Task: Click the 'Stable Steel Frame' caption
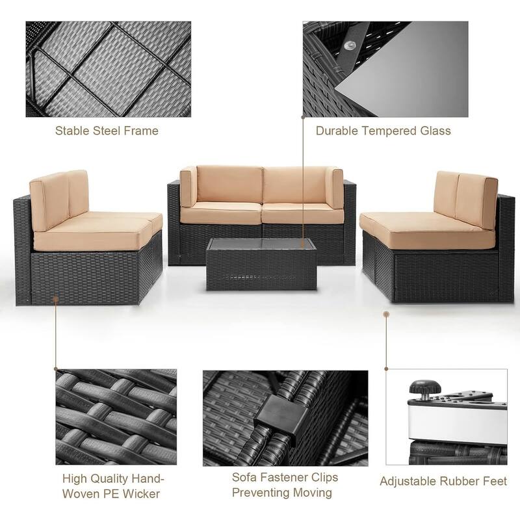coord(107,131)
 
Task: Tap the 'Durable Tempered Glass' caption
coord(383,131)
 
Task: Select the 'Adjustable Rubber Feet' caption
coord(443,482)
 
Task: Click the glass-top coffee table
coord(261,263)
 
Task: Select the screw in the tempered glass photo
coord(350,45)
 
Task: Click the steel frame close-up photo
coord(108,69)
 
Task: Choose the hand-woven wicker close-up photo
coord(116,417)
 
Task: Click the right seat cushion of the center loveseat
coord(302,213)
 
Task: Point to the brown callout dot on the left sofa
coord(55,300)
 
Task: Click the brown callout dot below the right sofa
coord(385,314)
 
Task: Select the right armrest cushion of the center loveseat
coord(335,187)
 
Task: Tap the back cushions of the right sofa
coord(465,199)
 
